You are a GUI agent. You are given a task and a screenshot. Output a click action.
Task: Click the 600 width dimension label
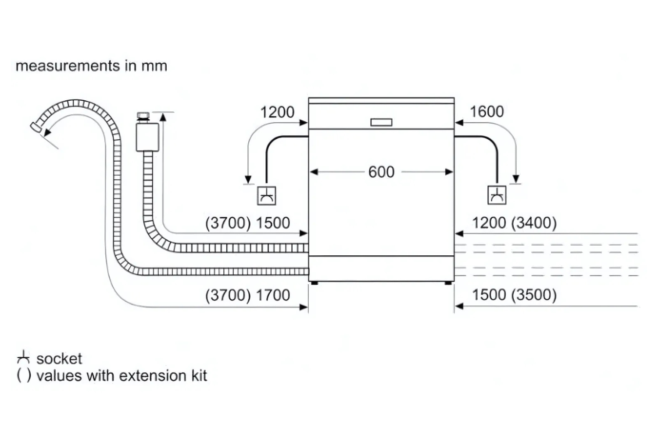pyautogui.click(x=381, y=172)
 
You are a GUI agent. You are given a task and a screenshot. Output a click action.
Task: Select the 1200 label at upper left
pyautogui.click(x=277, y=112)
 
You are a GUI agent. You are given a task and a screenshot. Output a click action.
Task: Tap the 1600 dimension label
pyautogui.click(x=486, y=112)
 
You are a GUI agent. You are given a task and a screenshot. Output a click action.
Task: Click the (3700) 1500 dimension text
pyautogui.click(x=248, y=223)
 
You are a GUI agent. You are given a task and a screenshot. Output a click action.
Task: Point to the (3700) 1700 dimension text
pyautogui.click(x=248, y=295)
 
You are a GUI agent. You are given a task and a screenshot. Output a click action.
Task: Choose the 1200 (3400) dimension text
pyautogui.click(x=514, y=223)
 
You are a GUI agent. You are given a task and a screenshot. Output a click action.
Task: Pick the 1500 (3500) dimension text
pyautogui.click(x=514, y=295)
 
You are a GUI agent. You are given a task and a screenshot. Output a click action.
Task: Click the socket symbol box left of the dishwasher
pyautogui.click(x=267, y=195)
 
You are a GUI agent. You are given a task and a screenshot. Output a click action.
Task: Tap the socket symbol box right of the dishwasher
pyautogui.click(x=497, y=195)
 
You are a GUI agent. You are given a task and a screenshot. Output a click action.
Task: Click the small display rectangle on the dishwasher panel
pyautogui.click(x=381, y=122)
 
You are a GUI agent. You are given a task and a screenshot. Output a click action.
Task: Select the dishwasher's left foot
pyautogui.click(x=314, y=283)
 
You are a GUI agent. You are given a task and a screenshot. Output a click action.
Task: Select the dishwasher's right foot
pyautogui.click(x=448, y=283)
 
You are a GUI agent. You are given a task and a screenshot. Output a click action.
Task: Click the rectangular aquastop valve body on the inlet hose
pyautogui.click(x=147, y=137)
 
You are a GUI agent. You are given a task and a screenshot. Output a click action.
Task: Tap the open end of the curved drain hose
pyautogui.click(x=35, y=127)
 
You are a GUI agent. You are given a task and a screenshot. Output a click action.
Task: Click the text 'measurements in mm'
pyautogui.click(x=91, y=66)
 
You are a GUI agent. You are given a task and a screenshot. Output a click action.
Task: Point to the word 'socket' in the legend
pyautogui.click(x=59, y=359)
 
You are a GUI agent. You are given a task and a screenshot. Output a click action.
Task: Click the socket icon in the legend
pyautogui.click(x=23, y=358)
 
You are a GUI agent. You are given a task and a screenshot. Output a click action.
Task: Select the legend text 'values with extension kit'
pyautogui.click(x=122, y=376)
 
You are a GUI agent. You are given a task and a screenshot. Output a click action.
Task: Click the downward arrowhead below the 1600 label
pyautogui.click(x=516, y=179)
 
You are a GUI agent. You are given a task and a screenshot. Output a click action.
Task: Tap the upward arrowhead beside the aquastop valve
pyautogui.click(x=163, y=116)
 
